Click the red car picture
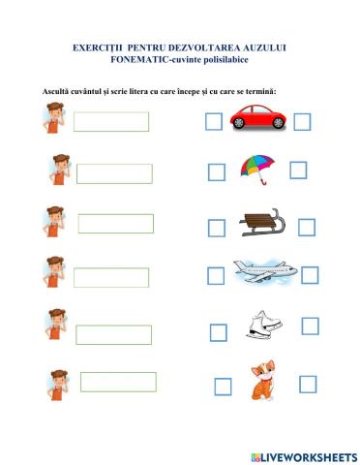coord(257,120)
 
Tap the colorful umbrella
coord(256,167)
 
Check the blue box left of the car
coord(214,121)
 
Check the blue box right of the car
coord(302,121)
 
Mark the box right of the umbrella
coord(298,170)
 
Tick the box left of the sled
coord(217,229)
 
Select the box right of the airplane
coord(310,275)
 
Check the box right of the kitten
coord(308,384)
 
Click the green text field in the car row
coord(111,121)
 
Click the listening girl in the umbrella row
coord(57,170)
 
